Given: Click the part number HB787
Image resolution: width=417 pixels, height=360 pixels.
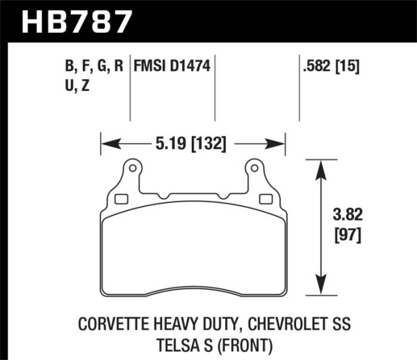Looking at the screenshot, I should pos(76,21).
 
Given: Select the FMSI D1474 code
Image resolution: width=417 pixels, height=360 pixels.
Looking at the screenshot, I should pos(172,66).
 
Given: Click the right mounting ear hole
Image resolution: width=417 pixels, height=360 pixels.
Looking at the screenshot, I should pos(254,168).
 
